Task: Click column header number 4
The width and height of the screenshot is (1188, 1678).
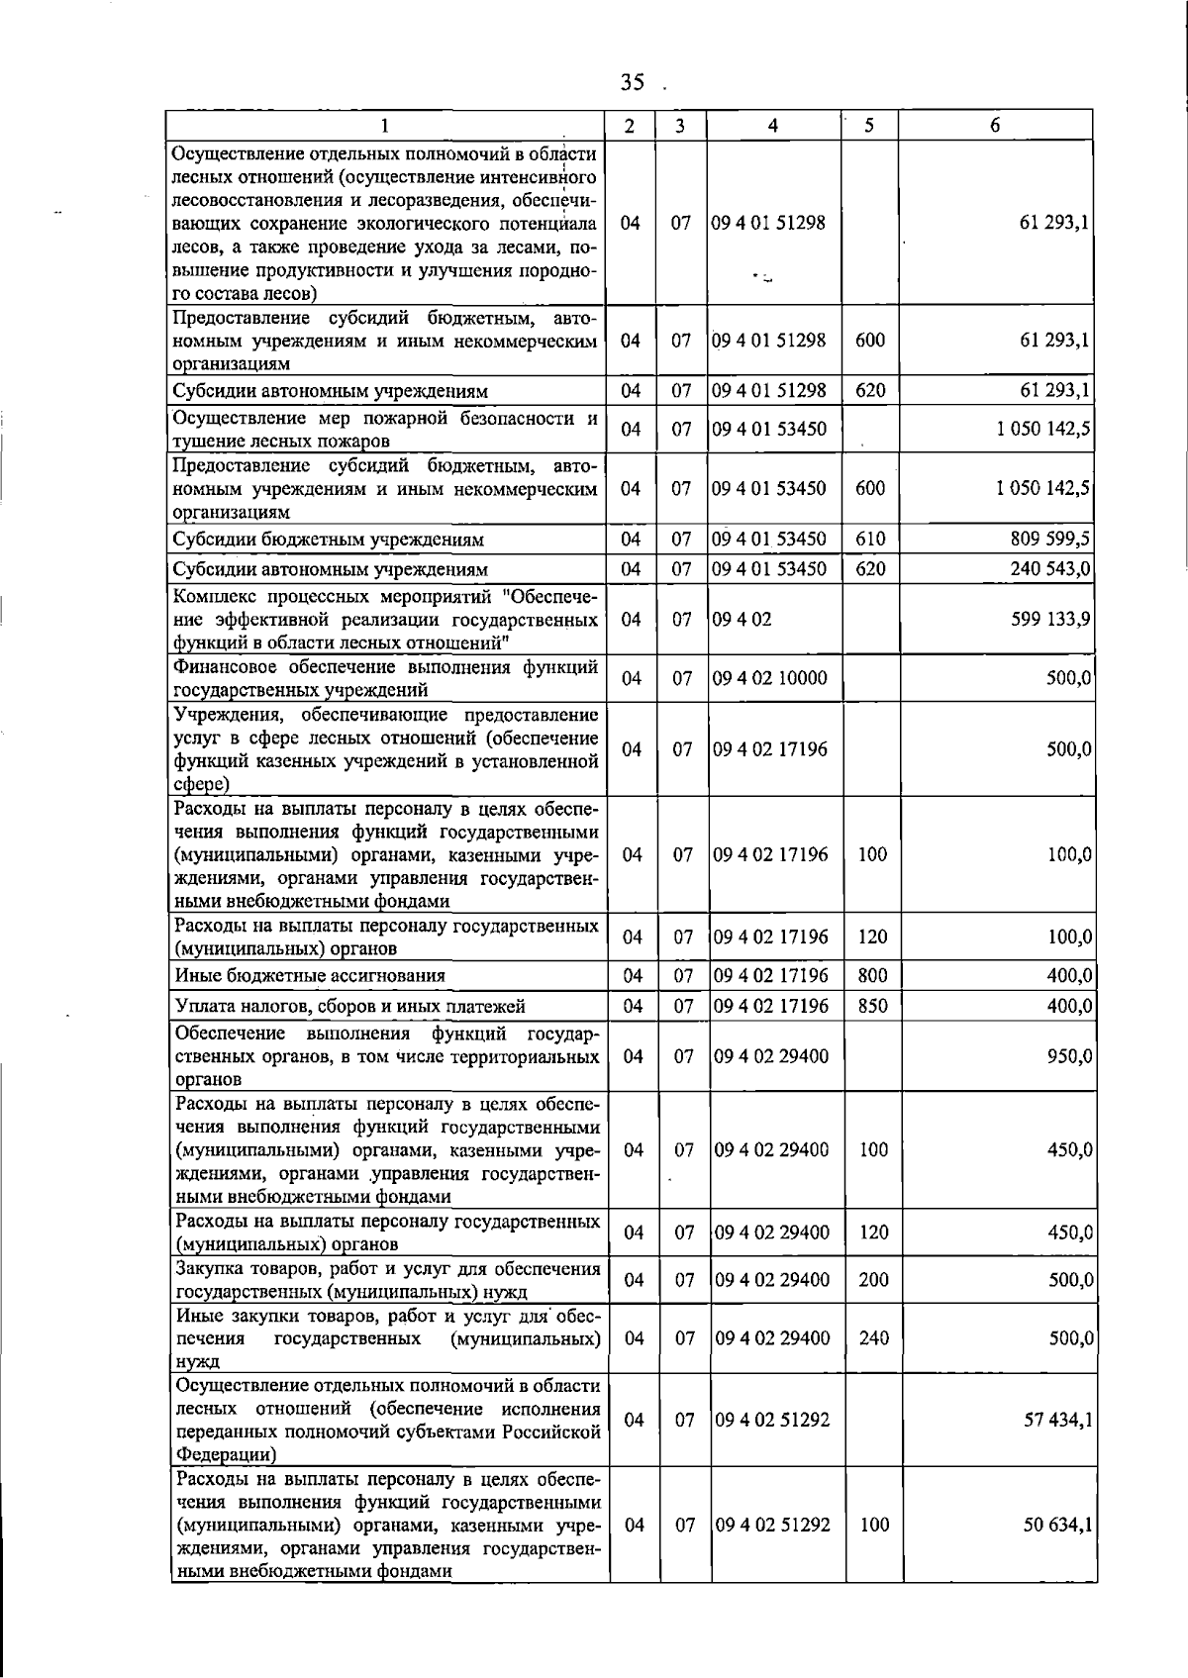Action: point(773,126)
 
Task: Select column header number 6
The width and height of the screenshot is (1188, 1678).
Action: point(995,126)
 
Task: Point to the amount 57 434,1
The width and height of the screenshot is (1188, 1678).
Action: point(1057,1420)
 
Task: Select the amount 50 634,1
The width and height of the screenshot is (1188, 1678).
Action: point(1057,1526)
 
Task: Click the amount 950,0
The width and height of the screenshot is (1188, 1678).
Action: point(1069,1056)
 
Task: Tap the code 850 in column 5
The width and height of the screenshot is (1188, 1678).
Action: point(872,1006)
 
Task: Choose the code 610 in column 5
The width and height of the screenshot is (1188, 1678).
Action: point(870,540)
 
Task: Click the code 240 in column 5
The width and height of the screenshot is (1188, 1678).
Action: point(873,1337)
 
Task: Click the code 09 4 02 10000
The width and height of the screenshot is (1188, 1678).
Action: point(770,678)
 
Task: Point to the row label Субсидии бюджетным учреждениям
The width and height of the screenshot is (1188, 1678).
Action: point(329,541)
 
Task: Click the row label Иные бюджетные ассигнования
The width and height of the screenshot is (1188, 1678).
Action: point(310,976)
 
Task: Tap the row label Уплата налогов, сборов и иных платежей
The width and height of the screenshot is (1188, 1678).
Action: point(349,1007)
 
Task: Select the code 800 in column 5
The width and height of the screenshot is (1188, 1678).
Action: point(872,976)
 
